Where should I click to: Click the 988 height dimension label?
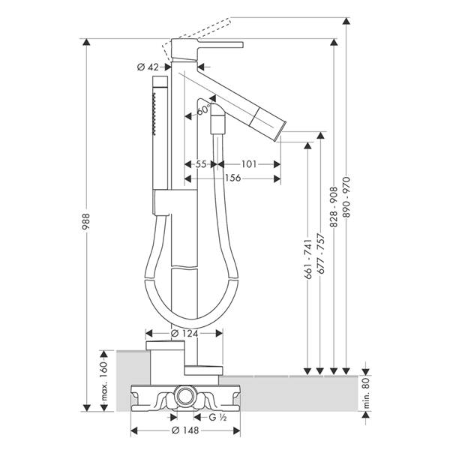click(86, 221)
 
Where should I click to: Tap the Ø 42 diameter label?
click(148, 67)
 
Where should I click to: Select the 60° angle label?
click(204, 109)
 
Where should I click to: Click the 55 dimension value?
click(201, 164)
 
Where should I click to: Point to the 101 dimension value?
click(248, 164)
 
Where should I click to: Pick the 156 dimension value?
click(232, 178)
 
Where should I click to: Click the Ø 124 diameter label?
click(184, 333)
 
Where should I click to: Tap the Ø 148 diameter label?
click(184, 430)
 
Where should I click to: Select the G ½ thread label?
click(217, 417)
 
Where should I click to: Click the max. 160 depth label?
click(104, 380)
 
